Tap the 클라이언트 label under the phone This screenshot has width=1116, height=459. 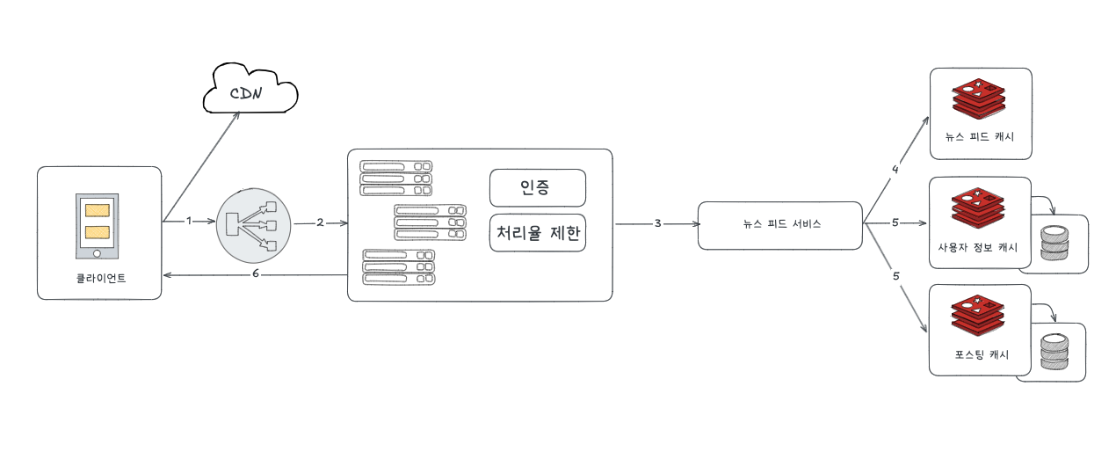click(100, 279)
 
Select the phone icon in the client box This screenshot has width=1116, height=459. click(97, 225)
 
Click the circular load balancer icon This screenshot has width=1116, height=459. click(253, 223)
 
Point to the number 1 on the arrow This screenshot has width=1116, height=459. click(188, 222)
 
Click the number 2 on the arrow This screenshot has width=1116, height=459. click(321, 222)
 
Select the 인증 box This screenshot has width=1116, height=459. click(537, 188)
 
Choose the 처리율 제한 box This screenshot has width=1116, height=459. click(537, 233)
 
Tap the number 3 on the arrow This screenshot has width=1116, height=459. click(657, 223)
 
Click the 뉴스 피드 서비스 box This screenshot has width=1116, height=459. click(780, 224)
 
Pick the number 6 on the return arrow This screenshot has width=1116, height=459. click(255, 275)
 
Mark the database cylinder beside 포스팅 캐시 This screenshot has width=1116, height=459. click(1053, 351)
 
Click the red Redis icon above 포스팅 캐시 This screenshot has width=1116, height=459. click(977, 316)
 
